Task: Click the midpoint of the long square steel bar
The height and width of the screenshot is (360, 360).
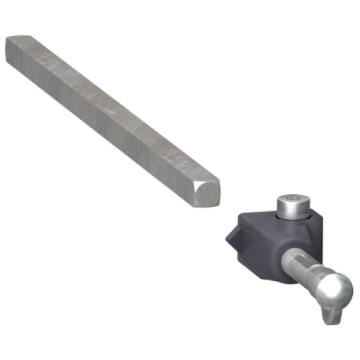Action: coord(106,113)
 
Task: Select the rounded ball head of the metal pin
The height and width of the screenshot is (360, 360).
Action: coord(334,291)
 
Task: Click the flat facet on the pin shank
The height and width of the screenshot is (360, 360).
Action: coord(301,265)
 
